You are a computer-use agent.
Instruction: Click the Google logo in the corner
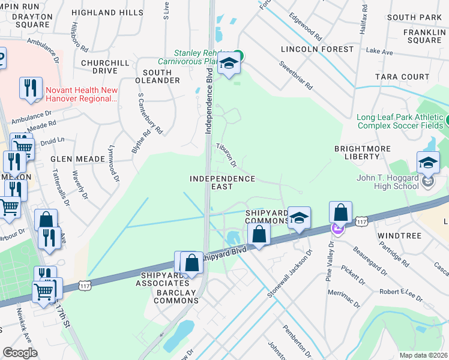(20, 353)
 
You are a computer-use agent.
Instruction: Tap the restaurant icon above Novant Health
(30, 88)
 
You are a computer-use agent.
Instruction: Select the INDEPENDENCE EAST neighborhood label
(222, 183)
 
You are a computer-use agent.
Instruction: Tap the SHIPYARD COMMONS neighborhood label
(267, 217)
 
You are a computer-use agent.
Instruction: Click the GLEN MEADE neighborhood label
(78, 159)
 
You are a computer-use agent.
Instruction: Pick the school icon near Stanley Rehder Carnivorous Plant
(229, 63)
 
